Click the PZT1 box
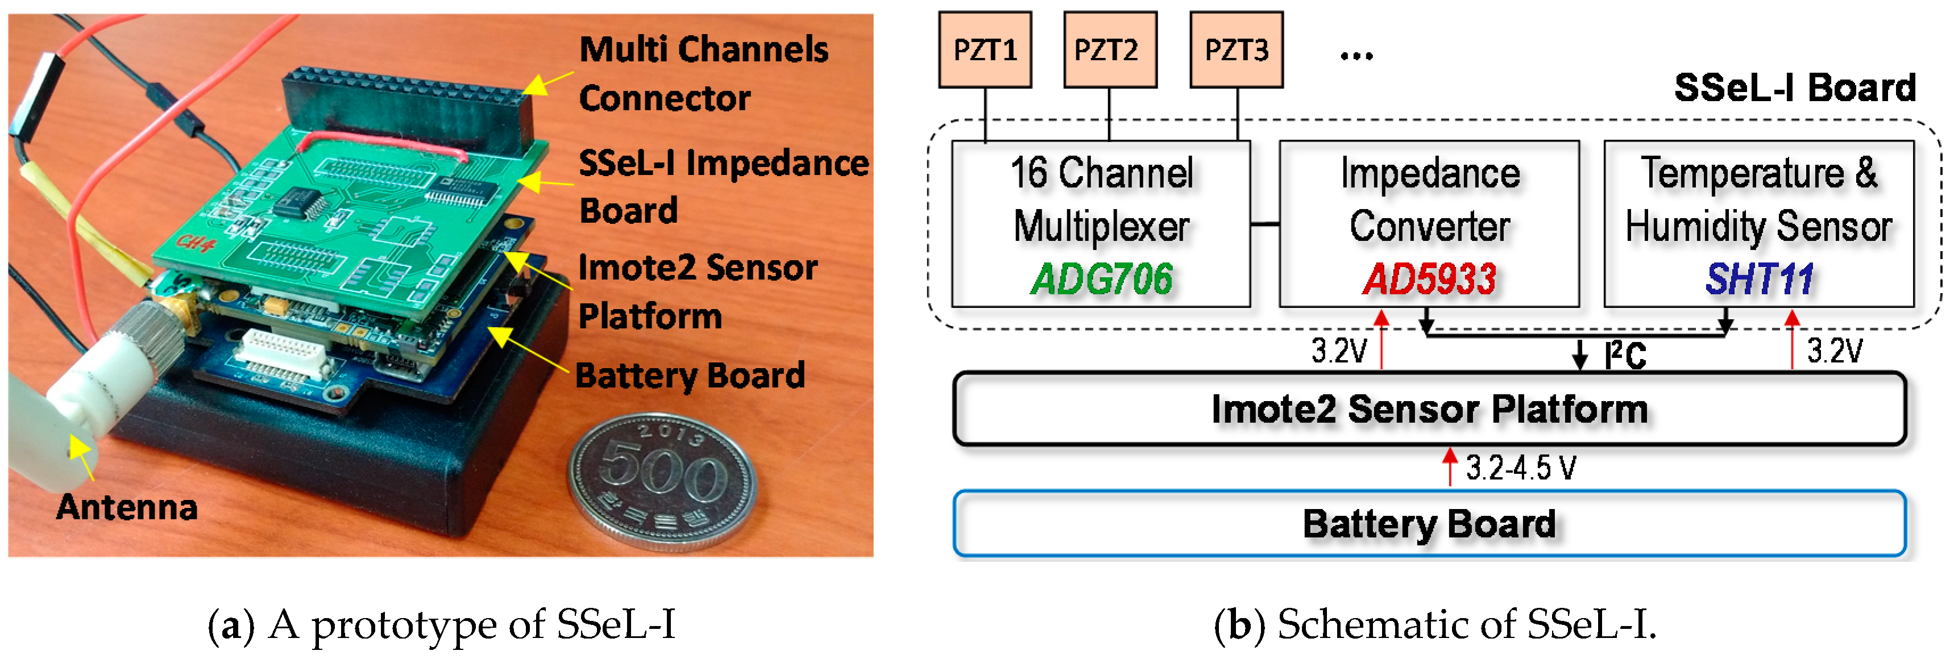pos(984,50)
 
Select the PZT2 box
pos(1110,50)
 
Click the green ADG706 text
pos(1101,279)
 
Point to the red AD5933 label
pos(1429,279)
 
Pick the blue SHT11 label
pos(1758,279)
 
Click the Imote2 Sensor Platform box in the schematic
pos(1429,408)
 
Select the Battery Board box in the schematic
pos(1429,524)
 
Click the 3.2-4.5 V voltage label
pos(1520,468)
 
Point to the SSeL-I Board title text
pos(1794,88)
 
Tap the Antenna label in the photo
pos(127,507)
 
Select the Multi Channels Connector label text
pos(703,73)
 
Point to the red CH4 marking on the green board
pos(196,243)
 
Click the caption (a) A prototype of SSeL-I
pos(442,624)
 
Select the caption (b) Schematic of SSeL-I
pos(1434,624)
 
